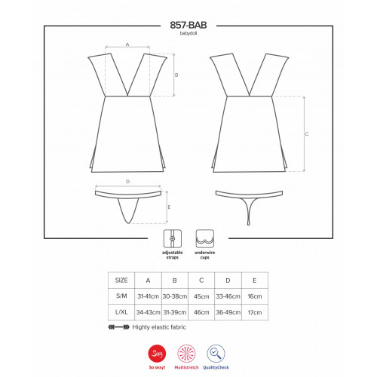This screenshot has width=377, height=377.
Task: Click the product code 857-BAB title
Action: (188, 25)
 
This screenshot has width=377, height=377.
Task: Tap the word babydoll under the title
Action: (188, 33)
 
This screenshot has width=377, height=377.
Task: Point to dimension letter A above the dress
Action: (127, 44)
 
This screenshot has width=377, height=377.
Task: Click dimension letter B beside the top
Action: (176, 75)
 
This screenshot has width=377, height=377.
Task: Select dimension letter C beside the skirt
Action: (307, 134)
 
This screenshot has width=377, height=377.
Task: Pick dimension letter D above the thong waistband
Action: (128, 182)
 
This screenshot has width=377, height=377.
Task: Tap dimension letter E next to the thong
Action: (169, 207)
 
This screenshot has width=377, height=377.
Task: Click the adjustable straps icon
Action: (173, 238)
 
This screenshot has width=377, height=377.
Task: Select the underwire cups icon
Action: (205, 238)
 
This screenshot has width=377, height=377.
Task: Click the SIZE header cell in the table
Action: (121, 280)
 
